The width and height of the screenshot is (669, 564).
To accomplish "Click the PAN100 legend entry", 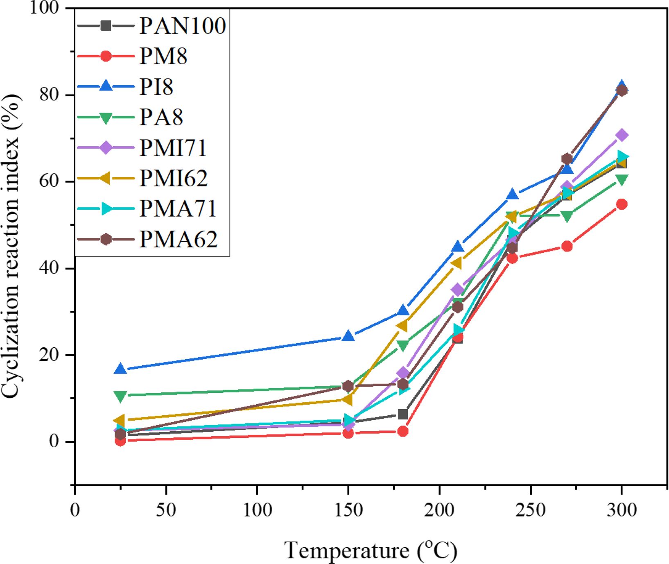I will [182, 26].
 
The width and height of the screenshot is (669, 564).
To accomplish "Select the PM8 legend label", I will [163, 56].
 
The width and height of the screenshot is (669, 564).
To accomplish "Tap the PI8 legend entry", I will [156, 86].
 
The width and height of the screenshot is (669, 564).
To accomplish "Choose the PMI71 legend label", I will [173, 148].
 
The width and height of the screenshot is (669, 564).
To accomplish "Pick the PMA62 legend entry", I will [178, 240].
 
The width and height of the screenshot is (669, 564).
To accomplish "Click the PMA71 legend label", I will [178, 209].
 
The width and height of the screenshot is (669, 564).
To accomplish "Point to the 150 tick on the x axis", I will [348, 510].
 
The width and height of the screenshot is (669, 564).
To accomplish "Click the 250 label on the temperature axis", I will [531, 510].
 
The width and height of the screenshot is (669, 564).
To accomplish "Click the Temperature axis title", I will [371, 550].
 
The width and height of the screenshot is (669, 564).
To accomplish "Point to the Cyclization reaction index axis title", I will [11, 246].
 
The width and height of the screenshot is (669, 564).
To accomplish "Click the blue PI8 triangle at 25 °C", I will [120, 369].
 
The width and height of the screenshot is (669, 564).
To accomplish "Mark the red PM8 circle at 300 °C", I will [622, 204].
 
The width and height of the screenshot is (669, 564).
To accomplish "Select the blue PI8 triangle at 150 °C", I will [348, 336].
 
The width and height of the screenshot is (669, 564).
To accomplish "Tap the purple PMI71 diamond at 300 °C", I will [622, 135].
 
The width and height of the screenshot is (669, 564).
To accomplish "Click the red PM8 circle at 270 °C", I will [567, 246].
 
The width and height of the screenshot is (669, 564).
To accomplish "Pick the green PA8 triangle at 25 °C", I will [120, 396].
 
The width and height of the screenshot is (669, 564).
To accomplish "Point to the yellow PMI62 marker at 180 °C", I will [402, 326].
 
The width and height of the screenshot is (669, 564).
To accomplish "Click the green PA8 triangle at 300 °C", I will [622, 180].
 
